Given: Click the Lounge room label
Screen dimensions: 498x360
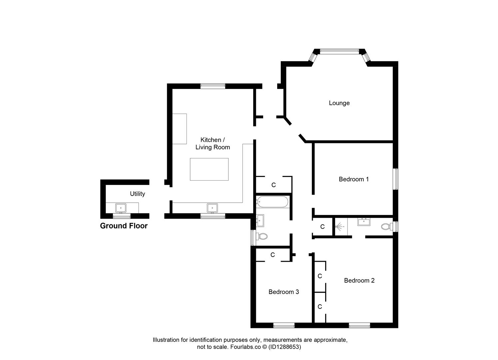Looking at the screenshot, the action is pos(339,103).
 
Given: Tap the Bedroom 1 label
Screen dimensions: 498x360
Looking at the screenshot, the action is pos(354,179).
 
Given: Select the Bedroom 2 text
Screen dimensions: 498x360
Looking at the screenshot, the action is pos(359,280).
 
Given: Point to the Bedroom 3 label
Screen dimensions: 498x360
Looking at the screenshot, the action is pos(284,292).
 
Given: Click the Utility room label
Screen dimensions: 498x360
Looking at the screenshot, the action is pos(137,194).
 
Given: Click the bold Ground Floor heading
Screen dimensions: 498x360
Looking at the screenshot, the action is pos(124,226).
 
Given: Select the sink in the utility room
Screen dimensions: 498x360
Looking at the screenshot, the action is pos(121,208).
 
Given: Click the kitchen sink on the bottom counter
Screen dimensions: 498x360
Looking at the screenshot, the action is pos(212,208).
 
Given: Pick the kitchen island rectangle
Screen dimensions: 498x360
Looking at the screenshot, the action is pos(209,169).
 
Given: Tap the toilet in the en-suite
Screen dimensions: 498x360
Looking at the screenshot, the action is pos(387,227).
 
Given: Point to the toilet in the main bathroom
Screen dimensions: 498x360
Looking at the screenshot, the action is pos(262,236).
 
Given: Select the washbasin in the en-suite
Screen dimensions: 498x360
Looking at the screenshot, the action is pos(364,222).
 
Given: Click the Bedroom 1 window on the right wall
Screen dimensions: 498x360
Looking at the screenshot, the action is pos(395,179).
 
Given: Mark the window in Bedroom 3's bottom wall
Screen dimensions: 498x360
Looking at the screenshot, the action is pos(284,325).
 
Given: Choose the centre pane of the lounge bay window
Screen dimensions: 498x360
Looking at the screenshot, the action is pos(339,51).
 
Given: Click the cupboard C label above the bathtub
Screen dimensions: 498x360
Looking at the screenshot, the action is pos(274,185).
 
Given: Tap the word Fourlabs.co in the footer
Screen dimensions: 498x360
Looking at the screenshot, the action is pos(246,347).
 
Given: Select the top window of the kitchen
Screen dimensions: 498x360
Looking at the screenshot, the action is pos(213,86).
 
